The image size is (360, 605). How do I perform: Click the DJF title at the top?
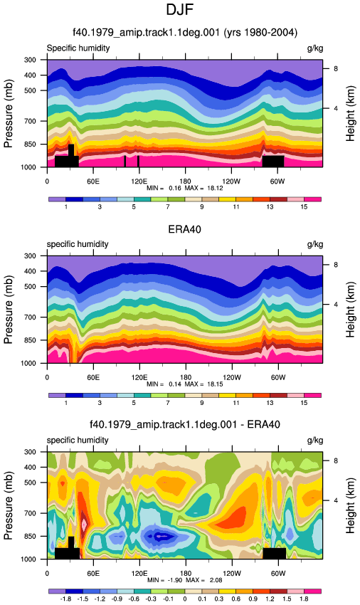tap(179, 10)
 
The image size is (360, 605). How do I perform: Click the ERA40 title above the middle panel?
tap(184, 229)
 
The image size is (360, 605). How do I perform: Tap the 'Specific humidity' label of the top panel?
tap(78, 48)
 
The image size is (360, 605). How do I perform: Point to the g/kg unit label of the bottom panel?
tap(315, 441)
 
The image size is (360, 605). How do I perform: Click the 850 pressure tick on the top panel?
tap(30, 144)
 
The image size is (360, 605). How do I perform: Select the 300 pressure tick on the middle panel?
tap(30, 256)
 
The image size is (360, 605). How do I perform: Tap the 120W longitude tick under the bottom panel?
tap(231, 574)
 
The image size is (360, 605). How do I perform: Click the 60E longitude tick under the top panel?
tap(93, 181)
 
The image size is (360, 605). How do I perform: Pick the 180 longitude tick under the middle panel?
tap(185, 377)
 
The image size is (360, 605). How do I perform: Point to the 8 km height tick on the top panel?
tap(336, 68)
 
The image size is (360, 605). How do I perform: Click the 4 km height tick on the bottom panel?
tap(336, 500)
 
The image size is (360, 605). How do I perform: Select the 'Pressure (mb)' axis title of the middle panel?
tap(9, 310)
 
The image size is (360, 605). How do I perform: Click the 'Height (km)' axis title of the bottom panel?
tap(350, 505)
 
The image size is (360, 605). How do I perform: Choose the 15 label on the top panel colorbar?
tap(304, 207)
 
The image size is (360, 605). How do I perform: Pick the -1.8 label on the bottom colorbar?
tap(65, 599)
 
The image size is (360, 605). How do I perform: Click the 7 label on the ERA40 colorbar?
tap(168, 403)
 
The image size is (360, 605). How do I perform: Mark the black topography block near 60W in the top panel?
tap(273, 162)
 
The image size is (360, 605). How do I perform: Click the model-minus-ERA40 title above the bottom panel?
tap(184, 425)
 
